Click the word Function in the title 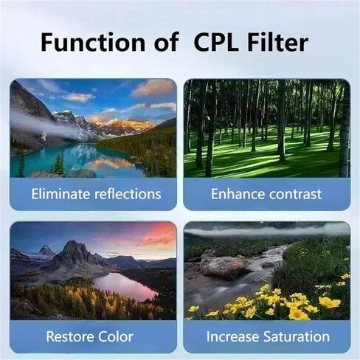(x=93, y=42)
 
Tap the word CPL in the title (x=216, y=42)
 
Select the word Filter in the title (x=278, y=42)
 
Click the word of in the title (x=166, y=42)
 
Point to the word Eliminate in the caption (x=60, y=194)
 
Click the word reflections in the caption (x=128, y=194)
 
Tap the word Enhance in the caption (x=238, y=194)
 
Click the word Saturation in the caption (x=297, y=336)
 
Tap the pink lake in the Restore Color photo (x=125, y=285)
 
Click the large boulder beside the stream (x=224, y=267)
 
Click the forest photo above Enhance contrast (x=267, y=128)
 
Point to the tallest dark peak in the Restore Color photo (x=72, y=253)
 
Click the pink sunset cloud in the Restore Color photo (x=157, y=235)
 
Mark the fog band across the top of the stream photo (x=267, y=231)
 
